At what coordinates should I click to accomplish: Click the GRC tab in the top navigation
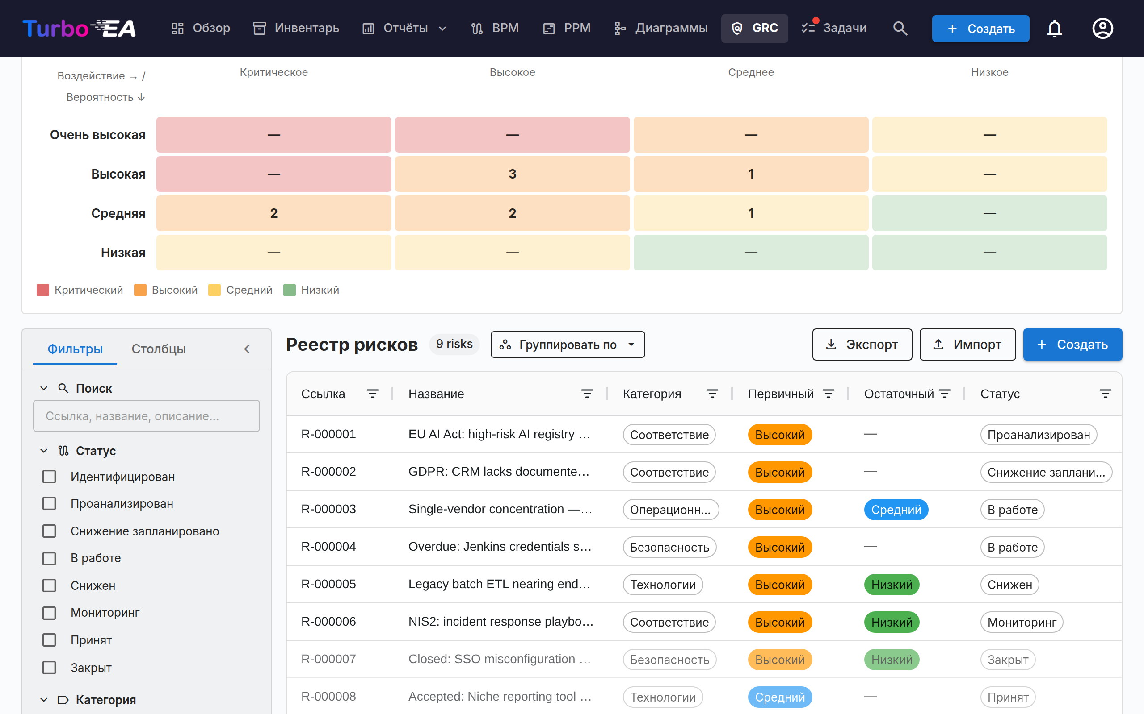(754, 28)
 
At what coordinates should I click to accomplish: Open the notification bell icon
(1054, 28)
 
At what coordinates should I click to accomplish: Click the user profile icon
(1102, 28)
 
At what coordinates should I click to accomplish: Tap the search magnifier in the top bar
(900, 28)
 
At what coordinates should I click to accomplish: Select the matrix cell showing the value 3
(513, 174)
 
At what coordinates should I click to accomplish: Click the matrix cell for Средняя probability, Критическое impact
(273, 213)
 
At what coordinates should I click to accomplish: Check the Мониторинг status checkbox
(49, 613)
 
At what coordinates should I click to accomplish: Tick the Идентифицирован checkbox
(49, 477)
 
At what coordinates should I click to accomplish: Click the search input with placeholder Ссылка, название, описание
(147, 416)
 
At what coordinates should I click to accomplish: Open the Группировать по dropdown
(568, 345)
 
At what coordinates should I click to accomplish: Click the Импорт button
(967, 345)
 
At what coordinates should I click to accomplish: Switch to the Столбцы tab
(158, 349)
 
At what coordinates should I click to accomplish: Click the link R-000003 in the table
(328, 509)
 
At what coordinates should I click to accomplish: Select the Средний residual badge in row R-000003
(896, 510)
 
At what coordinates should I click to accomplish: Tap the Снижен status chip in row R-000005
(1009, 585)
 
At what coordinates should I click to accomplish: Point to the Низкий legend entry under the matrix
(311, 290)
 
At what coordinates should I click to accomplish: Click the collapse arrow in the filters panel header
(247, 349)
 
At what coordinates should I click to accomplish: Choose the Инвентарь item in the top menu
(296, 28)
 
